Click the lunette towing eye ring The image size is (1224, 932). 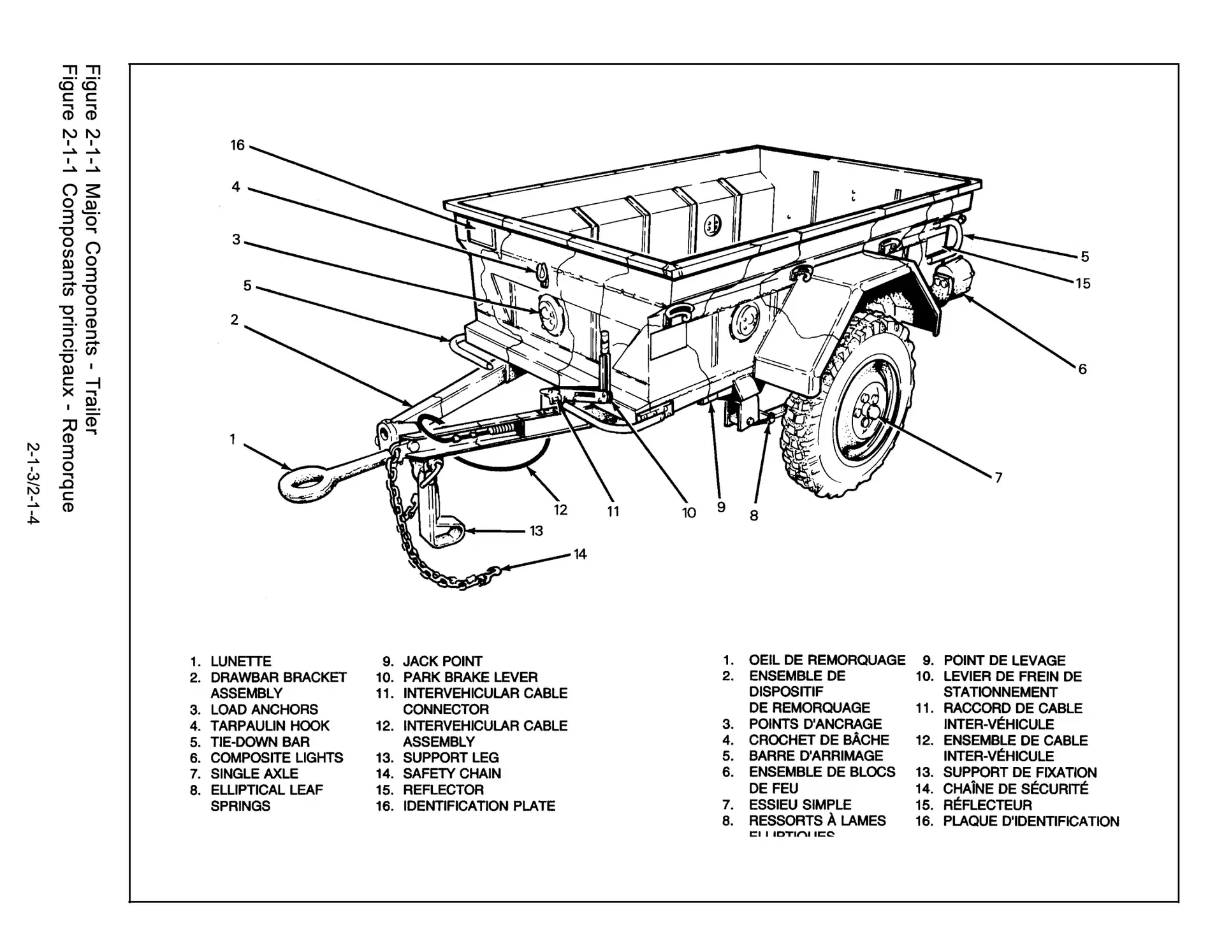coord(303,482)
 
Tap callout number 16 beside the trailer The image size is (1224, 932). coord(237,146)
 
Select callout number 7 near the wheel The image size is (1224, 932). coord(998,477)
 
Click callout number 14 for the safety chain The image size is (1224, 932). coord(579,555)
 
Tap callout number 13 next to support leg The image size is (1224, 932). coord(536,531)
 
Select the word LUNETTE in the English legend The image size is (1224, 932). coord(241,661)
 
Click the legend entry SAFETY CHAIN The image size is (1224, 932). coord(452,773)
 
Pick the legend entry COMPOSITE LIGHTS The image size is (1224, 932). coord(277,757)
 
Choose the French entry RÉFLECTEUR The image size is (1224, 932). coord(987,805)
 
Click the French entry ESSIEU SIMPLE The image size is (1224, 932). coord(800,805)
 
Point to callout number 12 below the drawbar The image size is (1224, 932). coord(560,510)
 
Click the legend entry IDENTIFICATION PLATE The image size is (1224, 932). coord(479,806)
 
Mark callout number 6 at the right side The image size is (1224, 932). coord(1082,369)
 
